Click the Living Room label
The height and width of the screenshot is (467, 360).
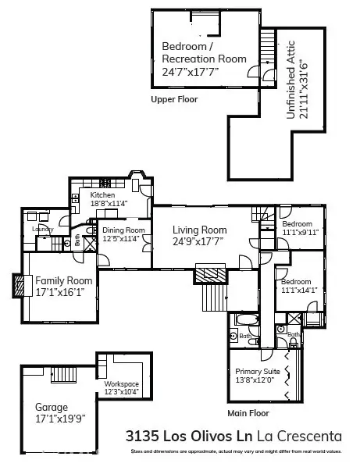point(200,230)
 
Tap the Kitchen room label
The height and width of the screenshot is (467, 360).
point(102,195)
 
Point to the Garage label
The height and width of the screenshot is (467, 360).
point(52,407)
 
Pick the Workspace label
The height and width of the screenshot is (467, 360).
point(121,383)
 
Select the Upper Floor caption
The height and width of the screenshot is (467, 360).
point(175,100)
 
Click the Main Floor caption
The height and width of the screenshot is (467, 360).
point(248,412)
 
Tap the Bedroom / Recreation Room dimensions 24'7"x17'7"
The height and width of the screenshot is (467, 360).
point(192,71)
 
